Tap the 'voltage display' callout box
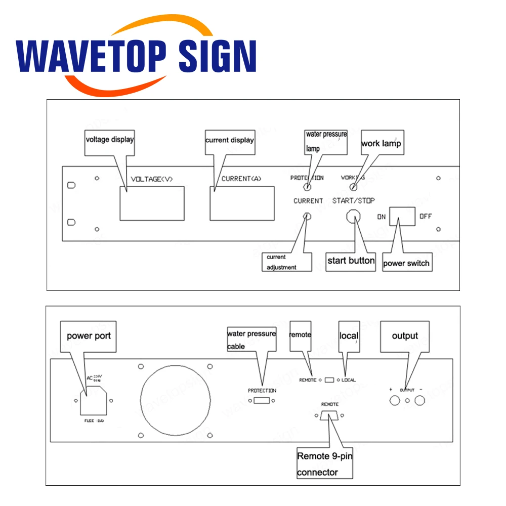point(109,140)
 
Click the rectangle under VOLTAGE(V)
point(152,203)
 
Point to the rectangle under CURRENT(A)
point(242,203)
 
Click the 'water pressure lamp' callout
point(326,142)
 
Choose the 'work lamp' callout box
point(381,143)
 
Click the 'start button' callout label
point(351,261)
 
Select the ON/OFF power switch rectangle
point(402,216)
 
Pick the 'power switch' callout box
point(406,263)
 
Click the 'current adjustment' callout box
point(287,262)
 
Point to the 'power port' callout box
point(89,336)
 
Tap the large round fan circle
point(175,400)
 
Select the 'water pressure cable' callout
point(251,340)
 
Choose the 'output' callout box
point(405,336)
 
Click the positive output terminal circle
point(393,401)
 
